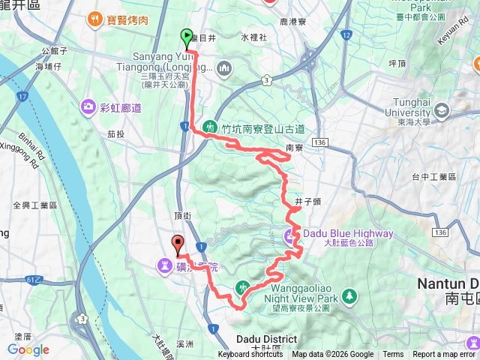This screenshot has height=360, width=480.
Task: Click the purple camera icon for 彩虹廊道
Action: point(89,108)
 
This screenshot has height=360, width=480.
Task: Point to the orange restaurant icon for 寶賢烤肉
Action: point(95,16)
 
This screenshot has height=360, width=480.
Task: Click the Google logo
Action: point(28,349)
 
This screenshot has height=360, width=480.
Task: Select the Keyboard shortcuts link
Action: point(250,355)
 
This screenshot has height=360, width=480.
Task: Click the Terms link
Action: point(393,355)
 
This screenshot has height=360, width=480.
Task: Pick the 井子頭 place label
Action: point(308,201)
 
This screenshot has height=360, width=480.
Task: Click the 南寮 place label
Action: point(294,148)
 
